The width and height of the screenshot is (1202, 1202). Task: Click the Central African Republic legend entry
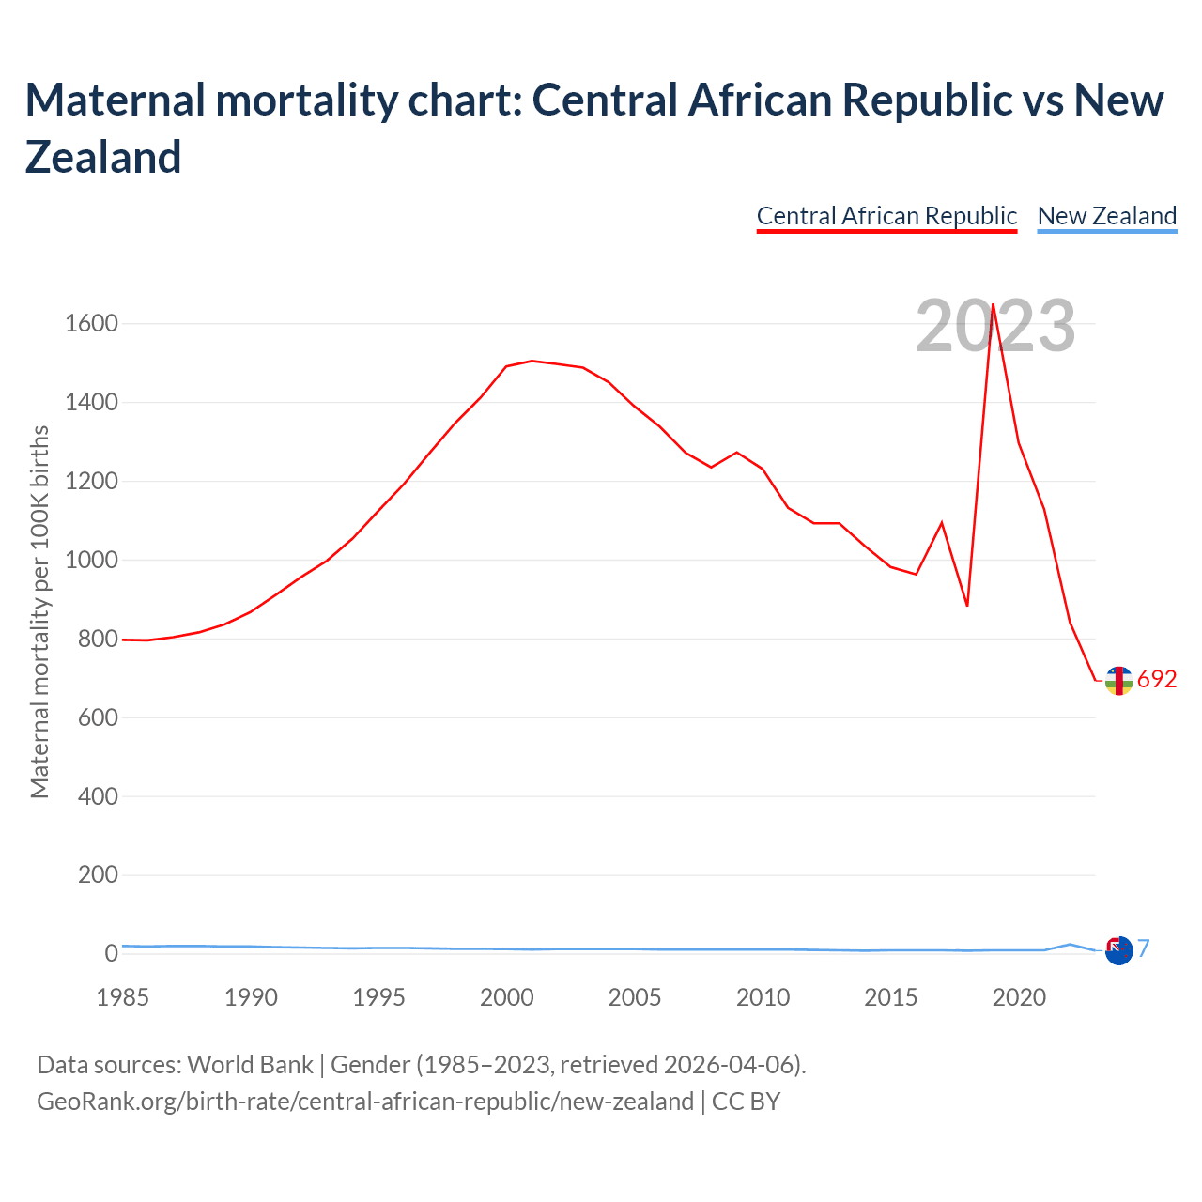pos(886,216)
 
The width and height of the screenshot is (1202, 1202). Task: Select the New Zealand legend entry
pos(1106,216)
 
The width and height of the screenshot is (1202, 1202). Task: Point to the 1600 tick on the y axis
pos(91,324)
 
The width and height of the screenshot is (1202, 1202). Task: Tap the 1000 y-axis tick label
pos(91,561)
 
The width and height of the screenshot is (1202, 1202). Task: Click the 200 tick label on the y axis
pos(99,875)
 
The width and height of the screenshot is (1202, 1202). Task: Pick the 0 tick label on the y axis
pos(111,953)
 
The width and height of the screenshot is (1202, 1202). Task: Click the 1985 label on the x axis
pos(122,997)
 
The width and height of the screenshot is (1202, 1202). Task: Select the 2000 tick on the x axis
pos(506,997)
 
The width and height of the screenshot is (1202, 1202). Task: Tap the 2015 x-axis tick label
pos(890,997)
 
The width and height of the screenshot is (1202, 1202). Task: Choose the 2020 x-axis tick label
pos(1019,997)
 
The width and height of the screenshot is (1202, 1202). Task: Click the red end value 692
pos(1157,680)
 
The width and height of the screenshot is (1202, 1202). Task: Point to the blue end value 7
pos(1144,948)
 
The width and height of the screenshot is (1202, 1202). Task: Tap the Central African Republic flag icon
pos(1118,680)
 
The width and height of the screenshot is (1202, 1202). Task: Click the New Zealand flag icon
pos(1118,951)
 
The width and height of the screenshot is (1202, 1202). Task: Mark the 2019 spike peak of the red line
pos(993,304)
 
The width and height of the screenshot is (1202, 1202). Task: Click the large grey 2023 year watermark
pos(995,327)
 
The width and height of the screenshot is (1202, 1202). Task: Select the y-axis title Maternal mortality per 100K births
pos(39,612)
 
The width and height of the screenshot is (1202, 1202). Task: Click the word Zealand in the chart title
pos(103,157)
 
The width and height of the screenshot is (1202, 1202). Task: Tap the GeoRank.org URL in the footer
pos(364,1101)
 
